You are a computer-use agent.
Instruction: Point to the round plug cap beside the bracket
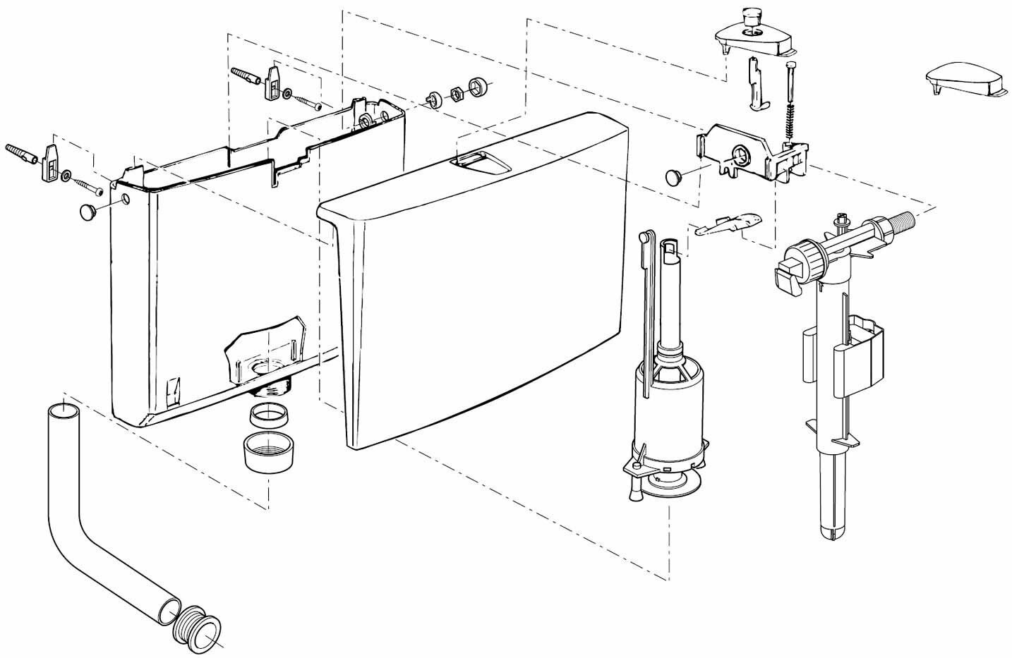tap(674, 176)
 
